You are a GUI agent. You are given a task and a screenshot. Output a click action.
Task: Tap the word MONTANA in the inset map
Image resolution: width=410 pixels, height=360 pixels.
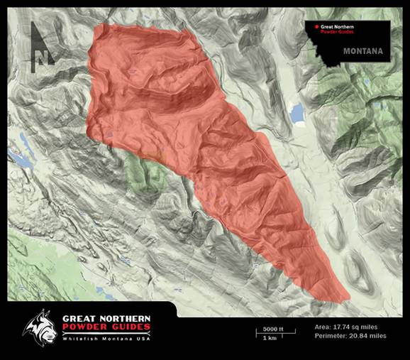point(362,52)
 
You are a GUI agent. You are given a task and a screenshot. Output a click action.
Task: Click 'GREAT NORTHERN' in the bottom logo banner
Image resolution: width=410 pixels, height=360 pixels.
point(106,317)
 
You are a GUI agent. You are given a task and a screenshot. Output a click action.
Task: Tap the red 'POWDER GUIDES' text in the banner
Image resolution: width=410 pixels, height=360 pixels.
point(106,327)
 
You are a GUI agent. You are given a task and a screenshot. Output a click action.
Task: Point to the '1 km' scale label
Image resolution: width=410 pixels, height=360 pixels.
point(270,338)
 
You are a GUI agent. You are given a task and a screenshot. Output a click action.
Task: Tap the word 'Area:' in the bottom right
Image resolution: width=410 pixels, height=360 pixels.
point(322,327)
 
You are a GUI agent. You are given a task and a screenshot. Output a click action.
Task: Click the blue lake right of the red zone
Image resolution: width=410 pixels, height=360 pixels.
point(296,113)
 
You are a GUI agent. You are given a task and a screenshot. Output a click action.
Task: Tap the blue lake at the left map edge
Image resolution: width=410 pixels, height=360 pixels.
point(21,160)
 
